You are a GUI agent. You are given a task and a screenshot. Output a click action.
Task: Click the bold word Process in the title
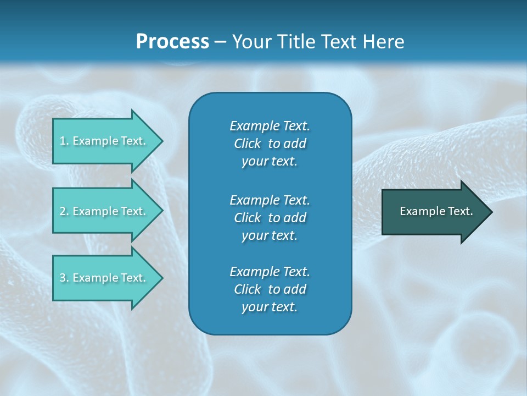(x=172, y=42)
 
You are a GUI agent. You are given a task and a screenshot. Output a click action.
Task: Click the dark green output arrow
(x=434, y=212)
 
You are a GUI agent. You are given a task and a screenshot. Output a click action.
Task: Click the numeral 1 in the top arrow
(x=63, y=141)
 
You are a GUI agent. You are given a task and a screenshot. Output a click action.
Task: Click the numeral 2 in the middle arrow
(x=63, y=211)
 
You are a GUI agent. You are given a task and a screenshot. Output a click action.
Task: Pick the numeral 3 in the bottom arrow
(x=63, y=278)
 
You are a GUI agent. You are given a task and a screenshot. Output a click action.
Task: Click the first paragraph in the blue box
(x=270, y=144)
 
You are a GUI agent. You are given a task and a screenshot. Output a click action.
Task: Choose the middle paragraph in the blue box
(x=270, y=218)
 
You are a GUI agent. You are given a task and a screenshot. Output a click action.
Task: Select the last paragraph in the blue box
(x=270, y=289)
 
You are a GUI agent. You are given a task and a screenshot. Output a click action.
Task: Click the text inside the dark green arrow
(x=436, y=211)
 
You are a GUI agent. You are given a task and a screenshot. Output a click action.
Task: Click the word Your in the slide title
(x=250, y=42)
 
